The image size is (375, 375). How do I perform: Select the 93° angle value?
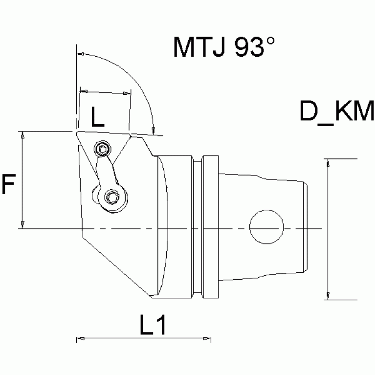click(254, 47)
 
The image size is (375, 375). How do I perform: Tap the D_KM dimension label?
click(337, 112)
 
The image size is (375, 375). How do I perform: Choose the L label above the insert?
click(98, 119)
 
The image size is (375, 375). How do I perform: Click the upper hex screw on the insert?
click(102, 149)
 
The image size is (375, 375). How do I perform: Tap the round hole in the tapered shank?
click(266, 228)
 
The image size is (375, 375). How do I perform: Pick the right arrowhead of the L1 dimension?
click(209, 338)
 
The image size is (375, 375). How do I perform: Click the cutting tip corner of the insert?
click(77, 132)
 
